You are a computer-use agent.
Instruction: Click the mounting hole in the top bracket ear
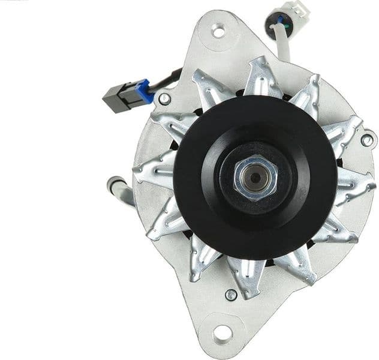219,30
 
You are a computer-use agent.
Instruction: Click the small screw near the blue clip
164,98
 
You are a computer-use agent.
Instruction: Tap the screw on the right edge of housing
367,140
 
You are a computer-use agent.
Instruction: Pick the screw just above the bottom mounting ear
230,295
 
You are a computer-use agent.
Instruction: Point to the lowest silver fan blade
245,277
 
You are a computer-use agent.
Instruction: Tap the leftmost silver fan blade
154,170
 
